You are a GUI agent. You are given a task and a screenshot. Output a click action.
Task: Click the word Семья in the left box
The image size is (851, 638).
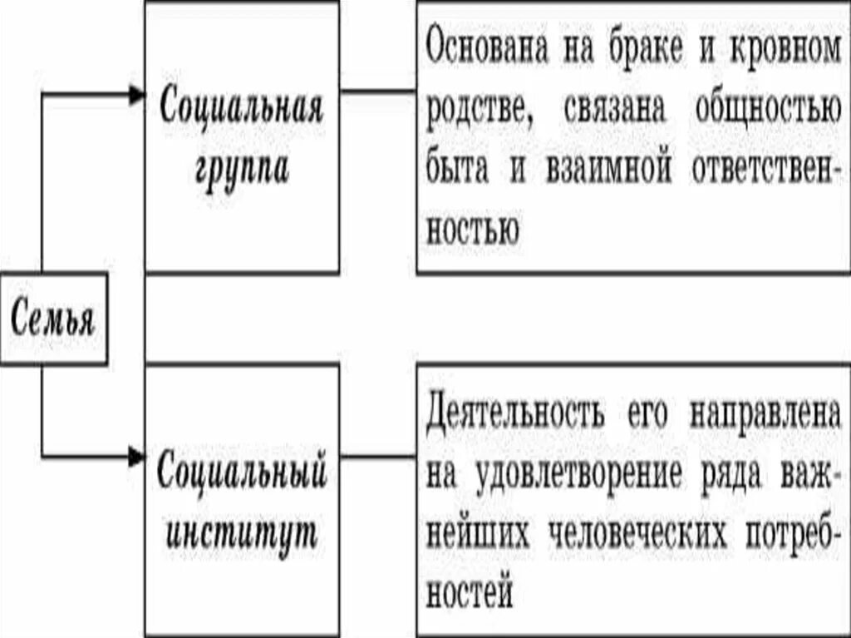pos(53,319)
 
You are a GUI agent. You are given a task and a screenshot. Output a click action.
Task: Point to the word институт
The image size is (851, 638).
pos(242,532)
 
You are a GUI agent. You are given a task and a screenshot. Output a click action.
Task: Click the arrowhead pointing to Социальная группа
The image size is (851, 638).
pos(136,96)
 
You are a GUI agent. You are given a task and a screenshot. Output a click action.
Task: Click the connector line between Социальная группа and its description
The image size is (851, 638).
pos(378,91)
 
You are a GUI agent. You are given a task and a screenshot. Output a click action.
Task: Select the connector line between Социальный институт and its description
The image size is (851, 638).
pos(378,457)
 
